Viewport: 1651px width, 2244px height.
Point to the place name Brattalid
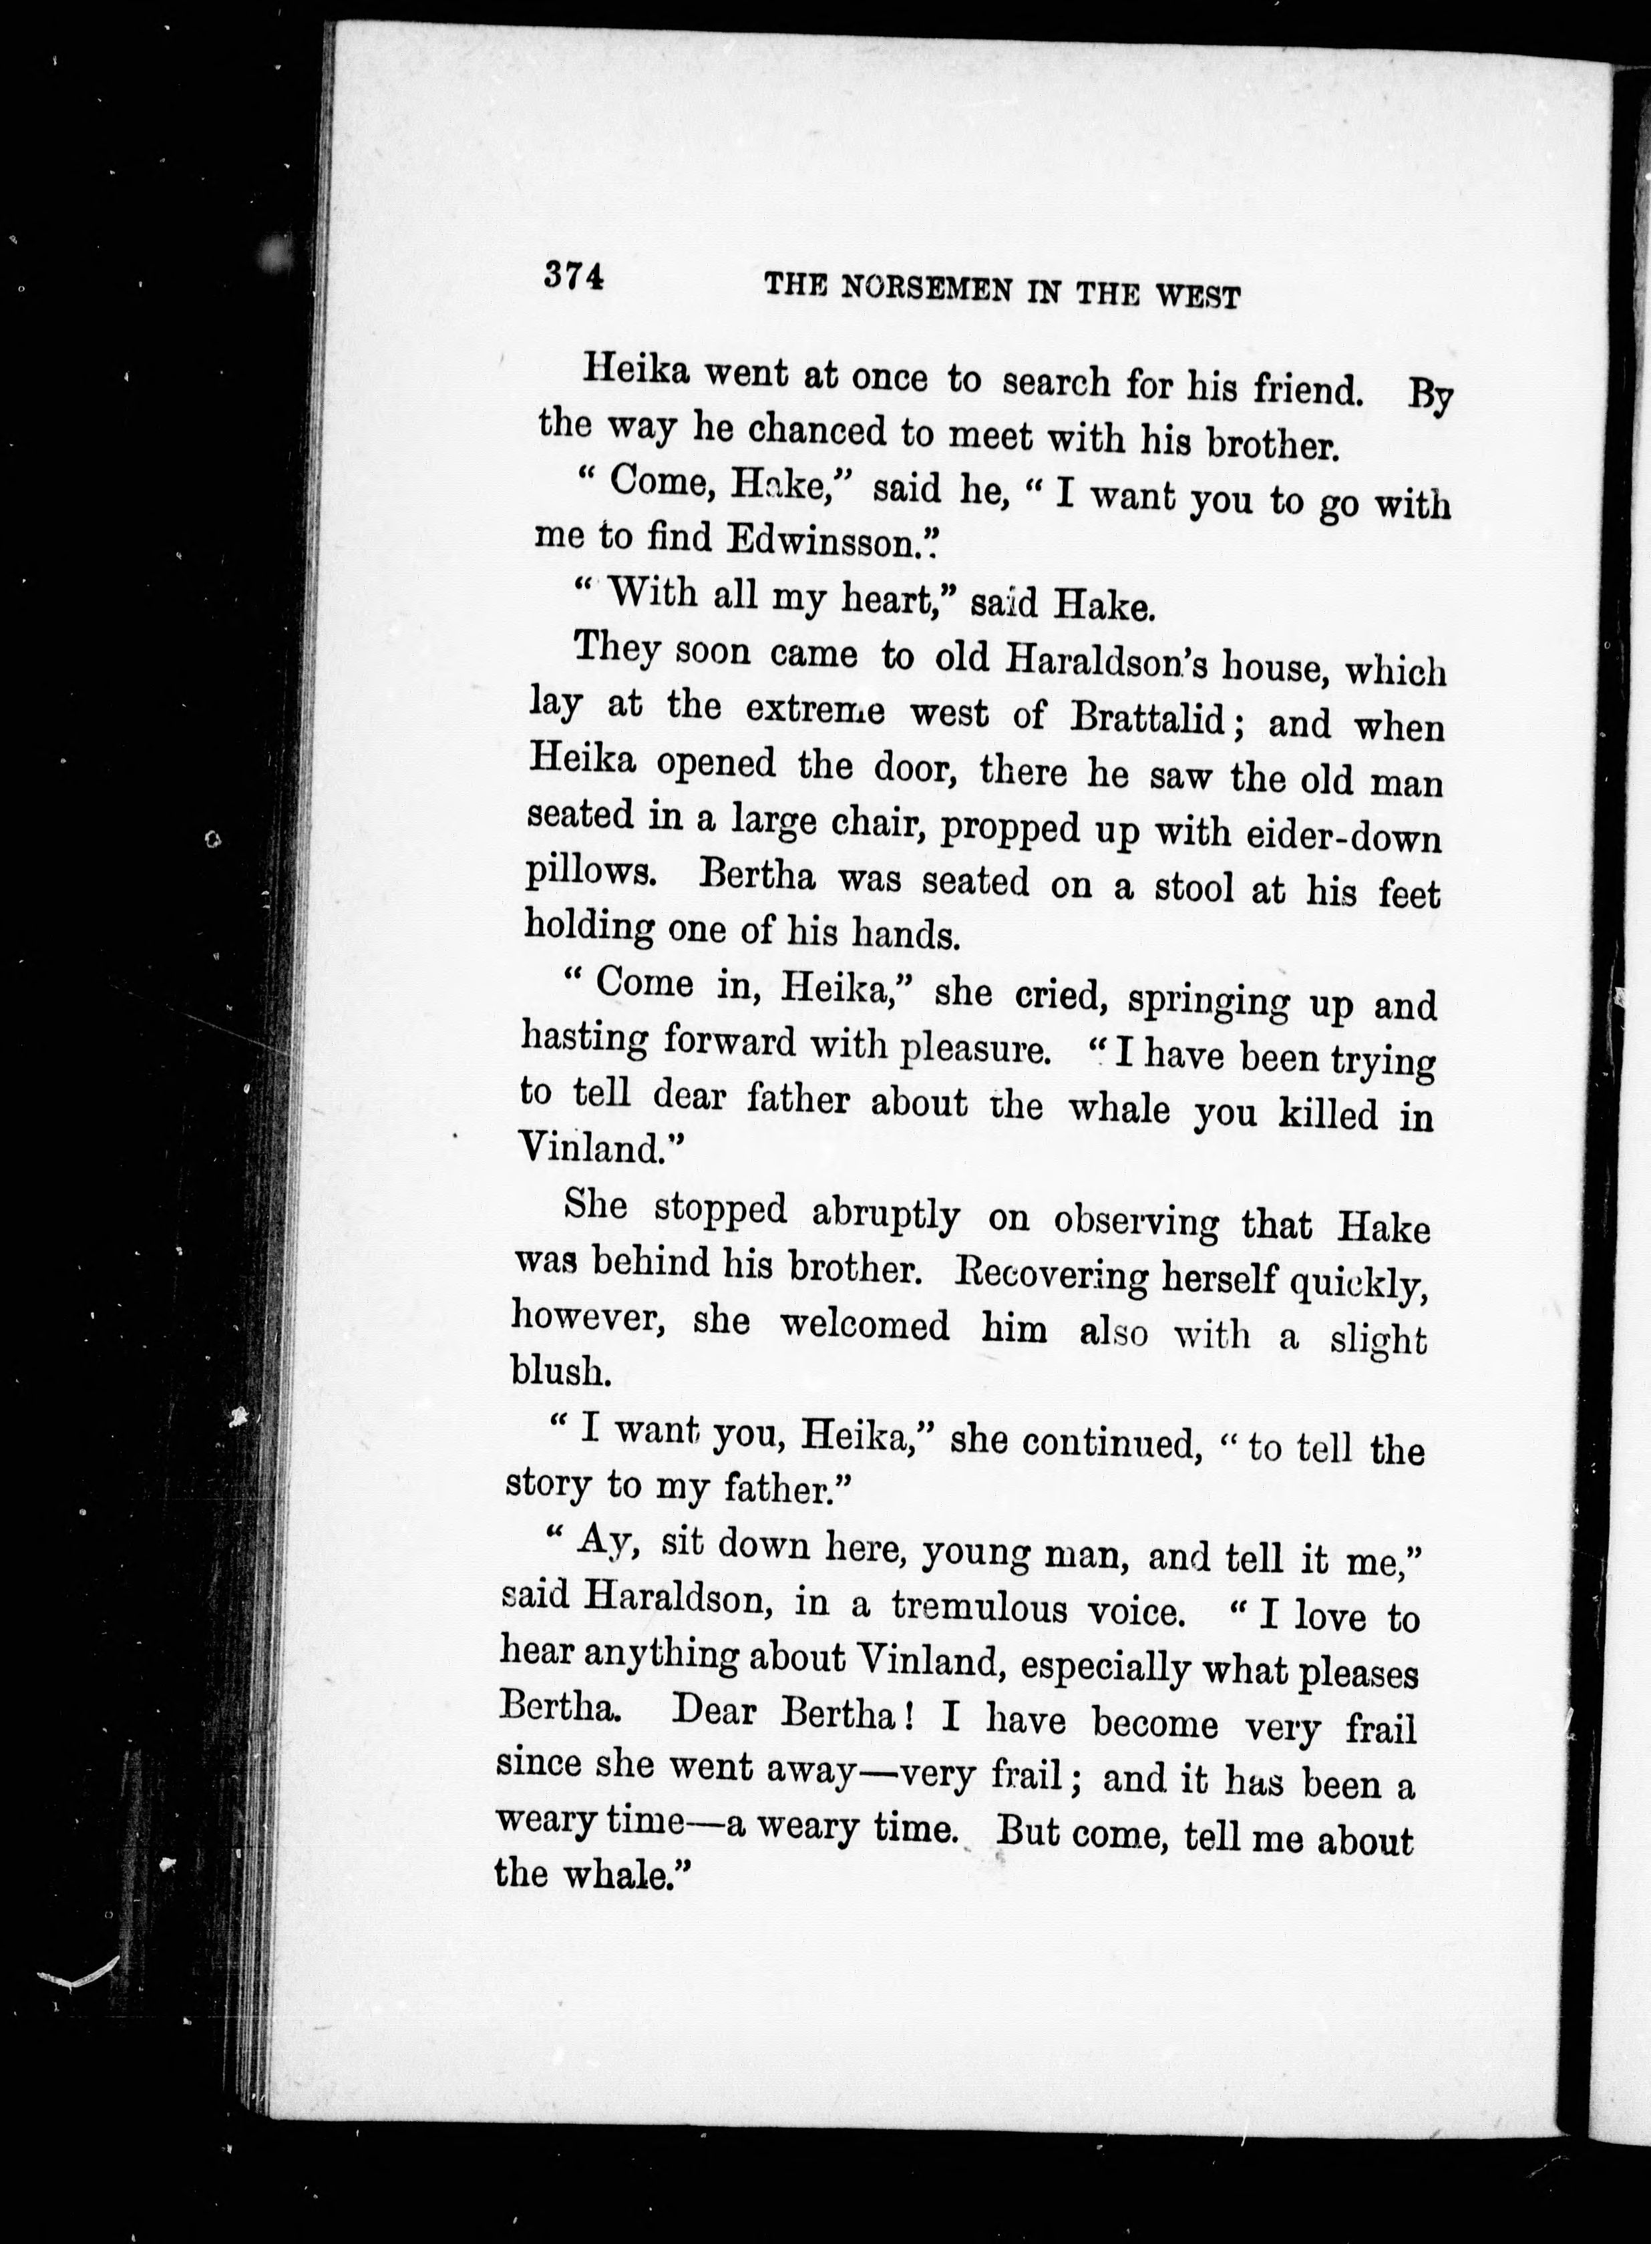click(1147, 717)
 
